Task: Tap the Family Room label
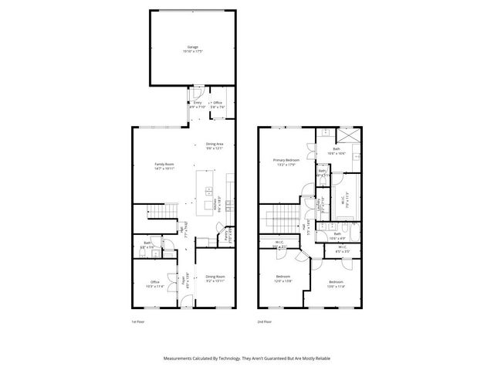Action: click(x=163, y=163)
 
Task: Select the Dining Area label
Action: click(x=215, y=144)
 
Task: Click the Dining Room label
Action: click(x=215, y=276)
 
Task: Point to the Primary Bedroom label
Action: click(x=285, y=161)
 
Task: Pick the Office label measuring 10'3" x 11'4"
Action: click(x=155, y=281)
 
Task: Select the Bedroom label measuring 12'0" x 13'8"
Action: click(x=283, y=276)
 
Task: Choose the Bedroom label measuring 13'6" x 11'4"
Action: click(x=335, y=281)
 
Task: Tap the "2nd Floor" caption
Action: click(x=266, y=321)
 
